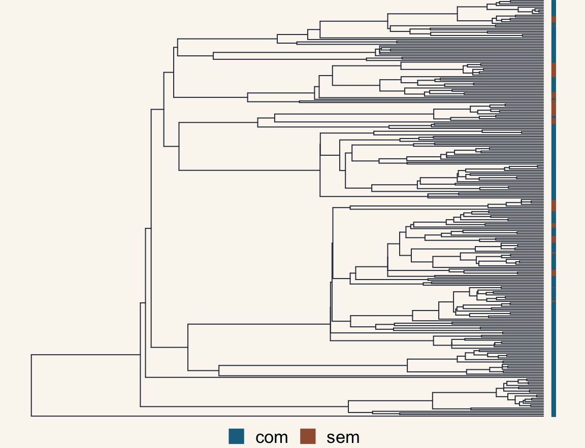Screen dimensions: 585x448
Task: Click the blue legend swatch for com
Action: [236, 436]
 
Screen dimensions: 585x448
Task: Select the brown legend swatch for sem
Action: [308, 436]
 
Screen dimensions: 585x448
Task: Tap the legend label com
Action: [272, 437]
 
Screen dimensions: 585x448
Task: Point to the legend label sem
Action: [343, 437]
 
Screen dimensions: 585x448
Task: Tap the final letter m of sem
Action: [352, 438]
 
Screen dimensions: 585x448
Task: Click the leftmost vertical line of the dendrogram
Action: [31, 386]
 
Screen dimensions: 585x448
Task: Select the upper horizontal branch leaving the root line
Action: [86, 355]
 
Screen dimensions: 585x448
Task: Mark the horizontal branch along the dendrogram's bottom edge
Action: [287, 416]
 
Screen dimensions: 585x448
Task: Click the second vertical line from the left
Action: [140, 355]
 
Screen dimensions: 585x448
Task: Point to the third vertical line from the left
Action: [146, 303]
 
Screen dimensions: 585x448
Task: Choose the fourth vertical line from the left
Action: [151, 228]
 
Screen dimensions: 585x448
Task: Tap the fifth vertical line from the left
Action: [164, 109]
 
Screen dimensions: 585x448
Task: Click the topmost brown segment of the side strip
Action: [554, 19]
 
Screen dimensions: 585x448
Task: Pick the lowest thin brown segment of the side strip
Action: [554, 301]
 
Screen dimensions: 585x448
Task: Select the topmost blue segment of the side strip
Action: [554, 8]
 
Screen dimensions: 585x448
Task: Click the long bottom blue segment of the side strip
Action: [554, 359]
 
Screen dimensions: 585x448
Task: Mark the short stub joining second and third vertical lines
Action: [143, 303]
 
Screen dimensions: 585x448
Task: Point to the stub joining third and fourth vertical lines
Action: [148, 228]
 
